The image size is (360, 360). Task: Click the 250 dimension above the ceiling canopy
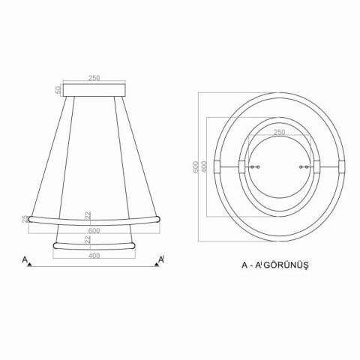pyautogui.click(x=94, y=77)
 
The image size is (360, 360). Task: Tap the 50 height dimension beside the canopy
pyautogui.click(x=58, y=90)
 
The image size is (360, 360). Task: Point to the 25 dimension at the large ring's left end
pyautogui.click(x=25, y=218)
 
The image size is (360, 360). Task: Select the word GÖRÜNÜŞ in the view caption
pyautogui.click(x=289, y=265)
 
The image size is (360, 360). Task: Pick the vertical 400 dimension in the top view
pyautogui.click(x=205, y=166)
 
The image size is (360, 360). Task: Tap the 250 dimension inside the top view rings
pyautogui.click(x=279, y=133)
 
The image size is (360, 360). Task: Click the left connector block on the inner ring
pyautogui.click(x=241, y=166)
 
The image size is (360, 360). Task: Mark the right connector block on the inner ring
pyautogui.click(x=316, y=166)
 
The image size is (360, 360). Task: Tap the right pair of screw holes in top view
pyautogui.click(x=303, y=166)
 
